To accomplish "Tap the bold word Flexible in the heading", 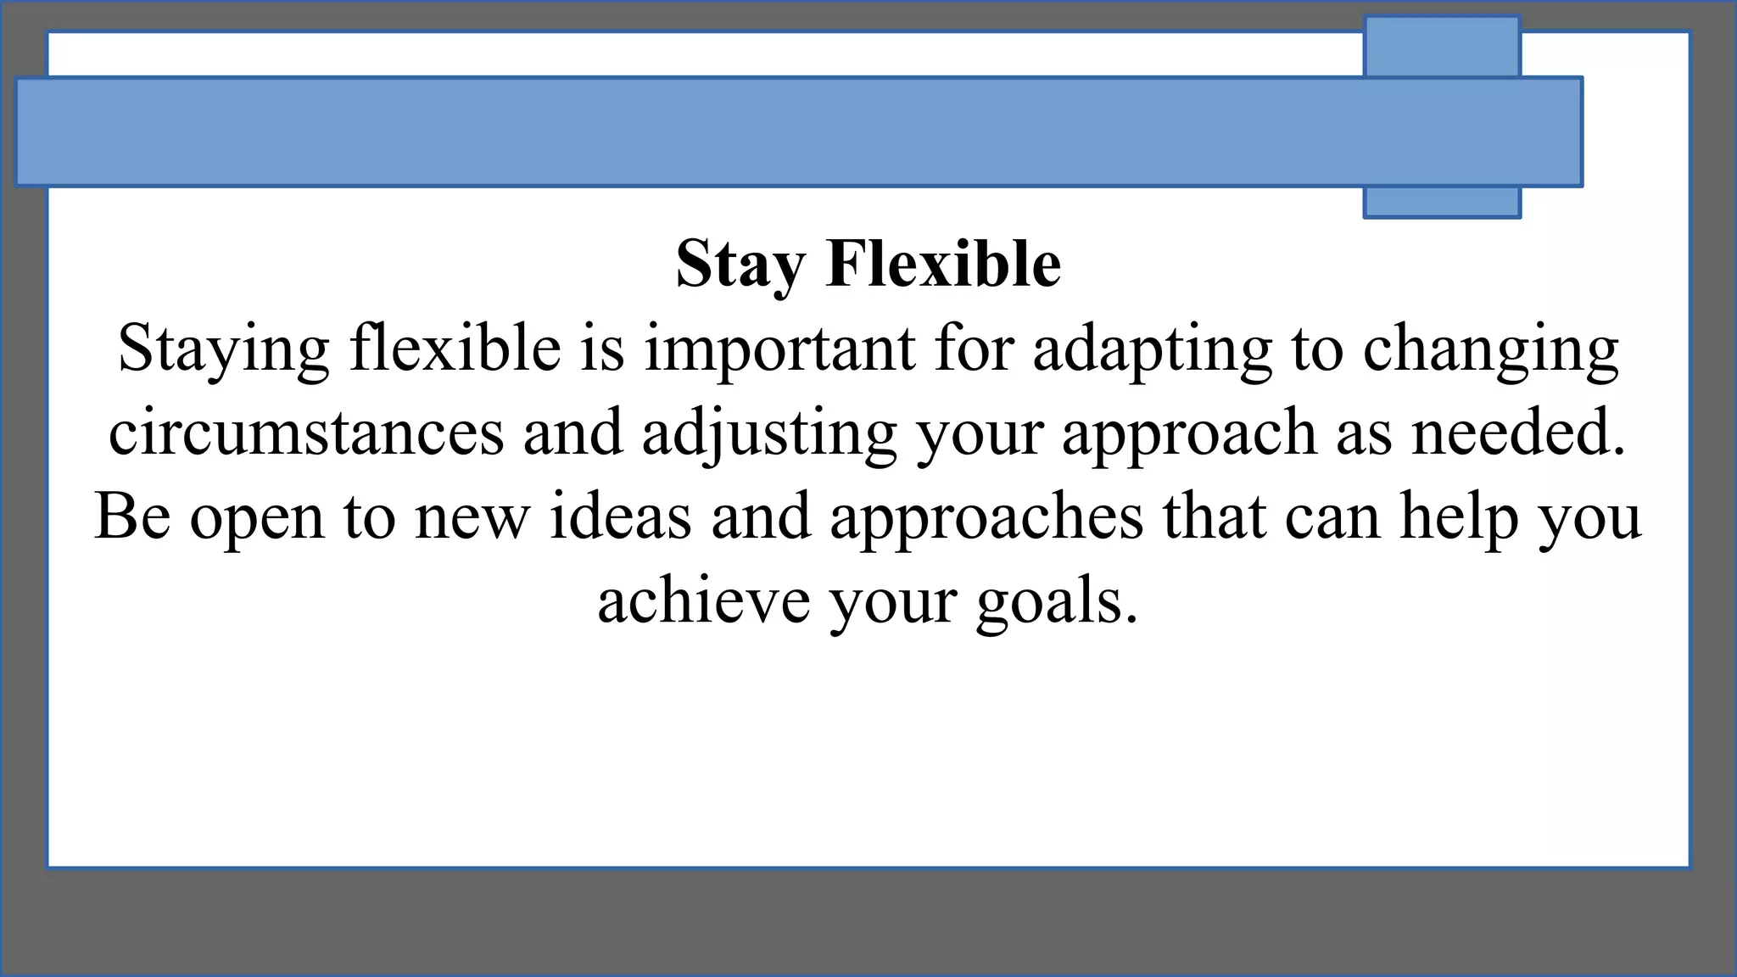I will coord(943,263).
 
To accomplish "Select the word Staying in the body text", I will coord(223,349).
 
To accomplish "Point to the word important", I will coord(779,349).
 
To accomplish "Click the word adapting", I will coord(1152,349).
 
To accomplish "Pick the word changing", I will coord(1490,349).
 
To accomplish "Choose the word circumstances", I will coord(306,432).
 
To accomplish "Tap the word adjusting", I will coord(768,432).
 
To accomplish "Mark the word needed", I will coord(1518,432).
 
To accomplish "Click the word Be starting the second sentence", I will coord(132,516).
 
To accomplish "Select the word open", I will coord(257,517).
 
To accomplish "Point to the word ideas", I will coord(620,516).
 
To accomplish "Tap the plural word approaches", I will coord(986,517).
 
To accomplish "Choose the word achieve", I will coord(703,600).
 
